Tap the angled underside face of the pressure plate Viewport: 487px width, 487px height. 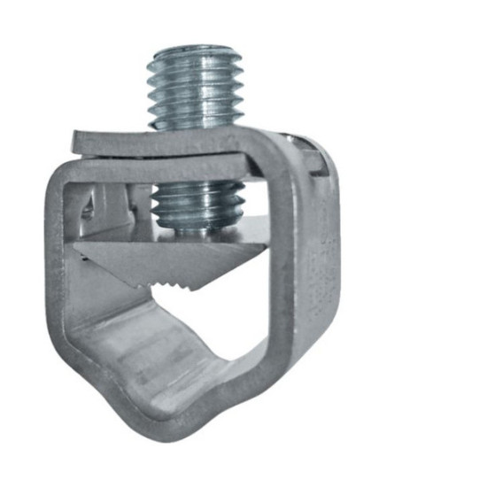tap(133, 261)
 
